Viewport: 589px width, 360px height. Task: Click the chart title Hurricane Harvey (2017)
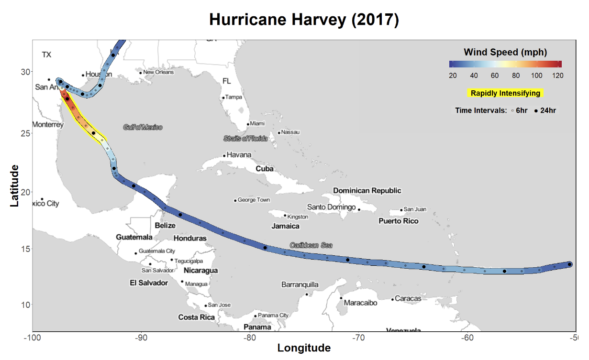click(x=304, y=20)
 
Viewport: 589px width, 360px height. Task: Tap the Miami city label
click(x=257, y=124)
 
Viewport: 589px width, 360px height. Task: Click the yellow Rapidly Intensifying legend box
click(x=505, y=93)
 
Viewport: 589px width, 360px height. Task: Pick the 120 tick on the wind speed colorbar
click(x=556, y=76)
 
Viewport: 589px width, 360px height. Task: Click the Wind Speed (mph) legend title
click(x=505, y=52)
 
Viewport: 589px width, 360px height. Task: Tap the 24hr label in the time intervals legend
click(x=548, y=110)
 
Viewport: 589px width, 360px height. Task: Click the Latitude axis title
click(x=15, y=185)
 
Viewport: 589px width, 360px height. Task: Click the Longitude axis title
click(x=304, y=348)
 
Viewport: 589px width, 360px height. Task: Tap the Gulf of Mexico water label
click(x=143, y=127)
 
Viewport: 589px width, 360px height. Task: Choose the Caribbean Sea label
click(x=311, y=245)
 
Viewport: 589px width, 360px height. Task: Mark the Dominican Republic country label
click(x=367, y=190)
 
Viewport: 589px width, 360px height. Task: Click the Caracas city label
click(x=408, y=298)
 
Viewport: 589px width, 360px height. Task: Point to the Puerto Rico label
click(x=398, y=221)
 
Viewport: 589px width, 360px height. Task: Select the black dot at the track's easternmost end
click(x=570, y=264)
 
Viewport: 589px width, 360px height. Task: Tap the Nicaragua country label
click(x=201, y=270)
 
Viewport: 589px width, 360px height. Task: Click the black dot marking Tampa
click(x=223, y=98)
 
